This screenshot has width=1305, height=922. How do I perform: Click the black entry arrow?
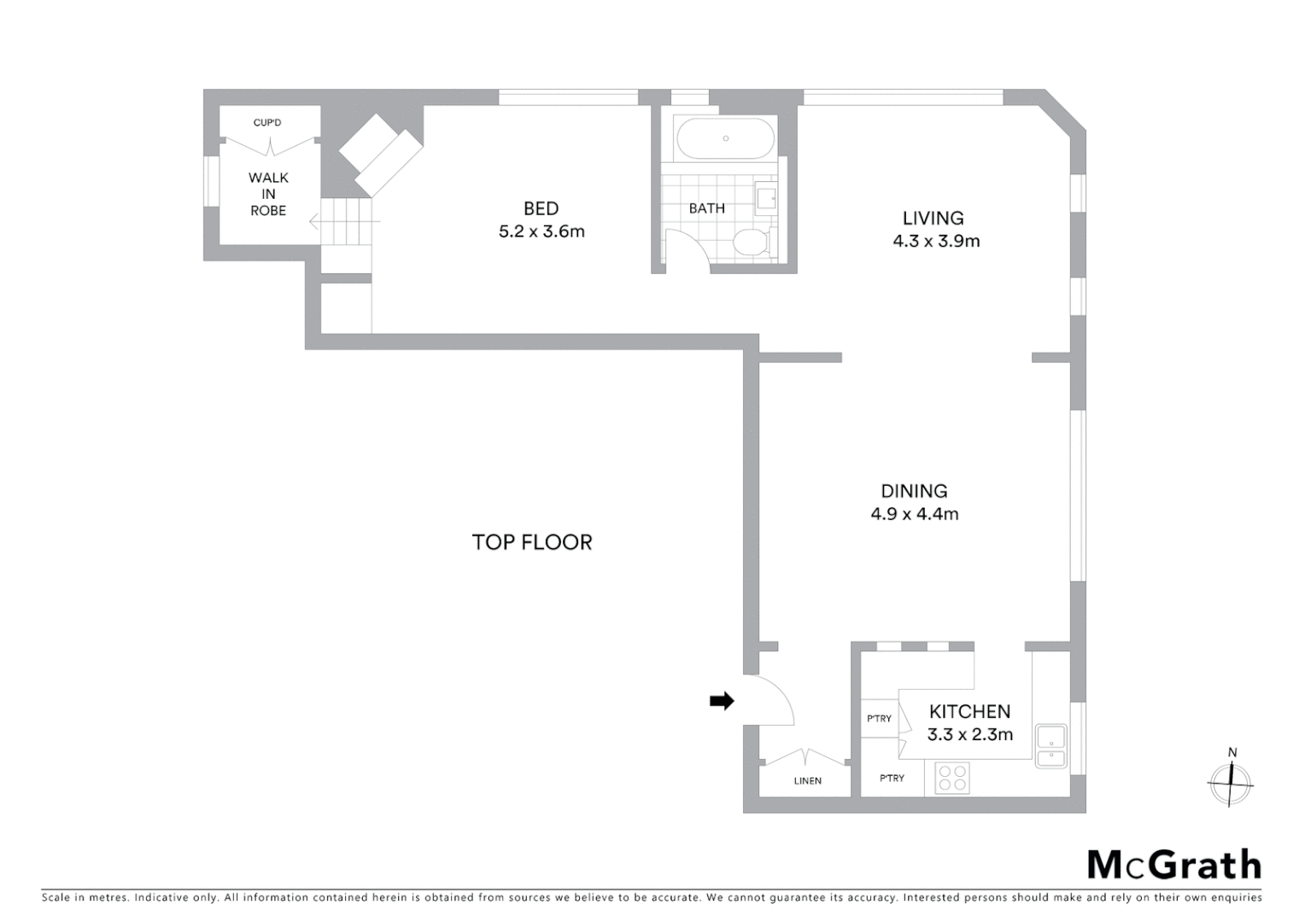pos(722,701)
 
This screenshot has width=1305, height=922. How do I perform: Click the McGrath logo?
pos(1173,865)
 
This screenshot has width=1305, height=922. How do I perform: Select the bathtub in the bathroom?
pos(725,138)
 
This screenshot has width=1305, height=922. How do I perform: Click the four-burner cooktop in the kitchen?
pos(951,778)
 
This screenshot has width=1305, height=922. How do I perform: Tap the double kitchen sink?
pos(1051,746)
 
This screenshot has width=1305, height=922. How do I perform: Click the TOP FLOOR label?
pos(531,542)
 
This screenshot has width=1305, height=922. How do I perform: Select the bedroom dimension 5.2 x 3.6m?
pos(541,231)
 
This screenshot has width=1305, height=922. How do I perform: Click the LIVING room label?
pos(933,218)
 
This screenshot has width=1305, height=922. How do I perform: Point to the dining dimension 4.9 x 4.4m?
pos(914,514)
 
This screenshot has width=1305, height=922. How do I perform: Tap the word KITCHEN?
pos(969,711)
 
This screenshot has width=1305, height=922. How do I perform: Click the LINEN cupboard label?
pos(807,780)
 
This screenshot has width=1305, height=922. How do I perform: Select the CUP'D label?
pos(267,123)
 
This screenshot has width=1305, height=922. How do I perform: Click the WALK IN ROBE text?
pos(268,194)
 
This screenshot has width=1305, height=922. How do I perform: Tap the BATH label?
pos(706,208)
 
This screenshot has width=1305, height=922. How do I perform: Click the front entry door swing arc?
pos(773,696)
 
